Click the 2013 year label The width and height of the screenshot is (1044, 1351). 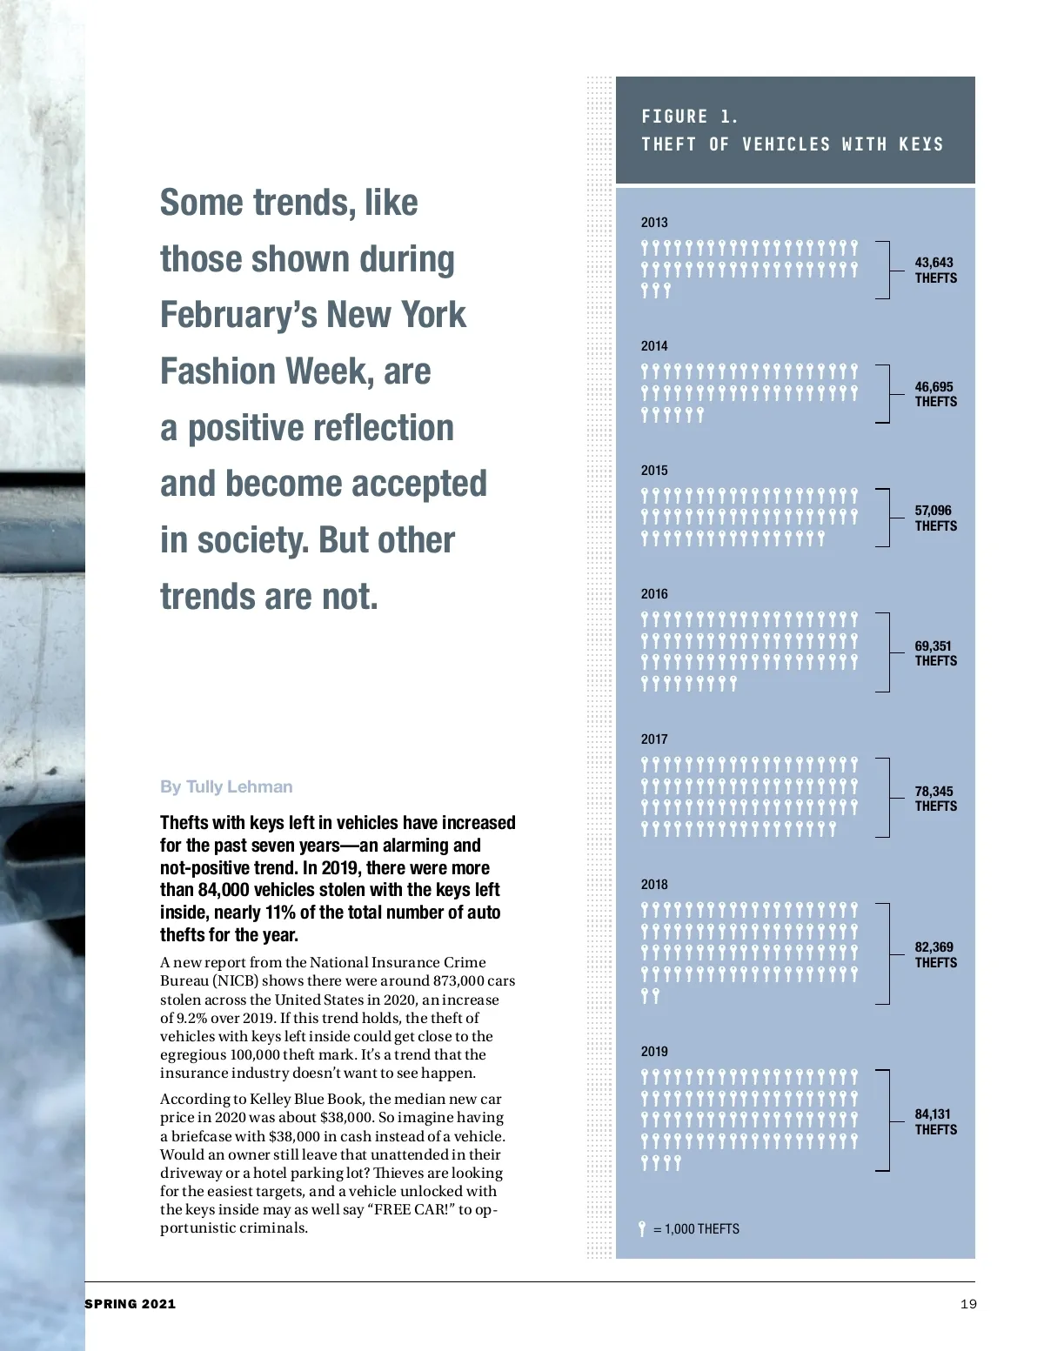[x=654, y=223]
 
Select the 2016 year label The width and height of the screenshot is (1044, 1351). [x=654, y=594]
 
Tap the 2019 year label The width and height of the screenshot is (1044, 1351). [x=654, y=1052]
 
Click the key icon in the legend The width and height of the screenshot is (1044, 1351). [x=642, y=1228]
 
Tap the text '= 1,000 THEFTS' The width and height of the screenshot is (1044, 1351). [x=697, y=1229]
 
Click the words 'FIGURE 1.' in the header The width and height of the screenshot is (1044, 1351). [x=689, y=117]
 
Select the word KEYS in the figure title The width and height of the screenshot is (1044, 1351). [x=920, y=144]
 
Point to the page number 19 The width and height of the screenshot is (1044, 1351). [x=968, y=1304]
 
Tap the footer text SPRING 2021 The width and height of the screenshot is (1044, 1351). [x=130, y=1304]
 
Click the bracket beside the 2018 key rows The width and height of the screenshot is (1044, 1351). [x=884, y=954]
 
